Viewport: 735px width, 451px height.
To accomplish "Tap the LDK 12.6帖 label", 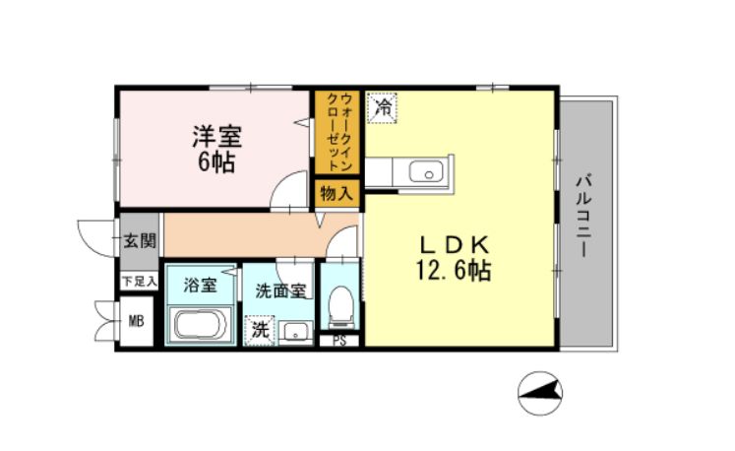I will point(456,257).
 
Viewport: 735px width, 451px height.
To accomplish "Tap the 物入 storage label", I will point(336,194).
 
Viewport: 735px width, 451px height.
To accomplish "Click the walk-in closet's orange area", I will point(336,133).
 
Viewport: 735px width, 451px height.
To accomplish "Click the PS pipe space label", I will point(339,342).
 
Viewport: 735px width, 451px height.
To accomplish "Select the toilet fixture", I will point(340,305).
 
